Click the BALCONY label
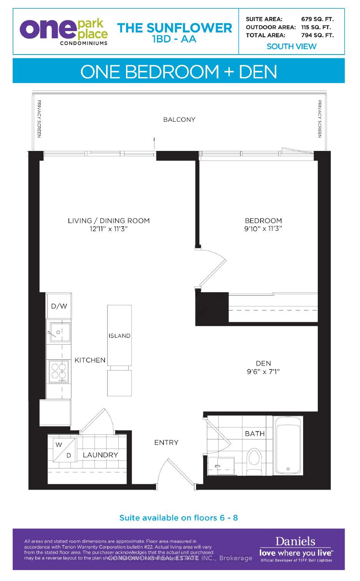(179, 119)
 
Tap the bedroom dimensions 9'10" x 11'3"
(263, 229)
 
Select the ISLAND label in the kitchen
(119, 336)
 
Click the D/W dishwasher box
(59, 306)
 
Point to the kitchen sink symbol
(59, 332)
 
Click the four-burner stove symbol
(58, 371)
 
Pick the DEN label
(263, 363)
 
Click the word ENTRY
(166, 442)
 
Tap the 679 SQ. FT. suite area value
(317, 19)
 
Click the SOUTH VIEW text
(291, 46)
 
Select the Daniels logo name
(295, 541)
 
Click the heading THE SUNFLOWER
(174, 28)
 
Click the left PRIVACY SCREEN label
(39, 119)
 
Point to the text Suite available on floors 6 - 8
(179, 518)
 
